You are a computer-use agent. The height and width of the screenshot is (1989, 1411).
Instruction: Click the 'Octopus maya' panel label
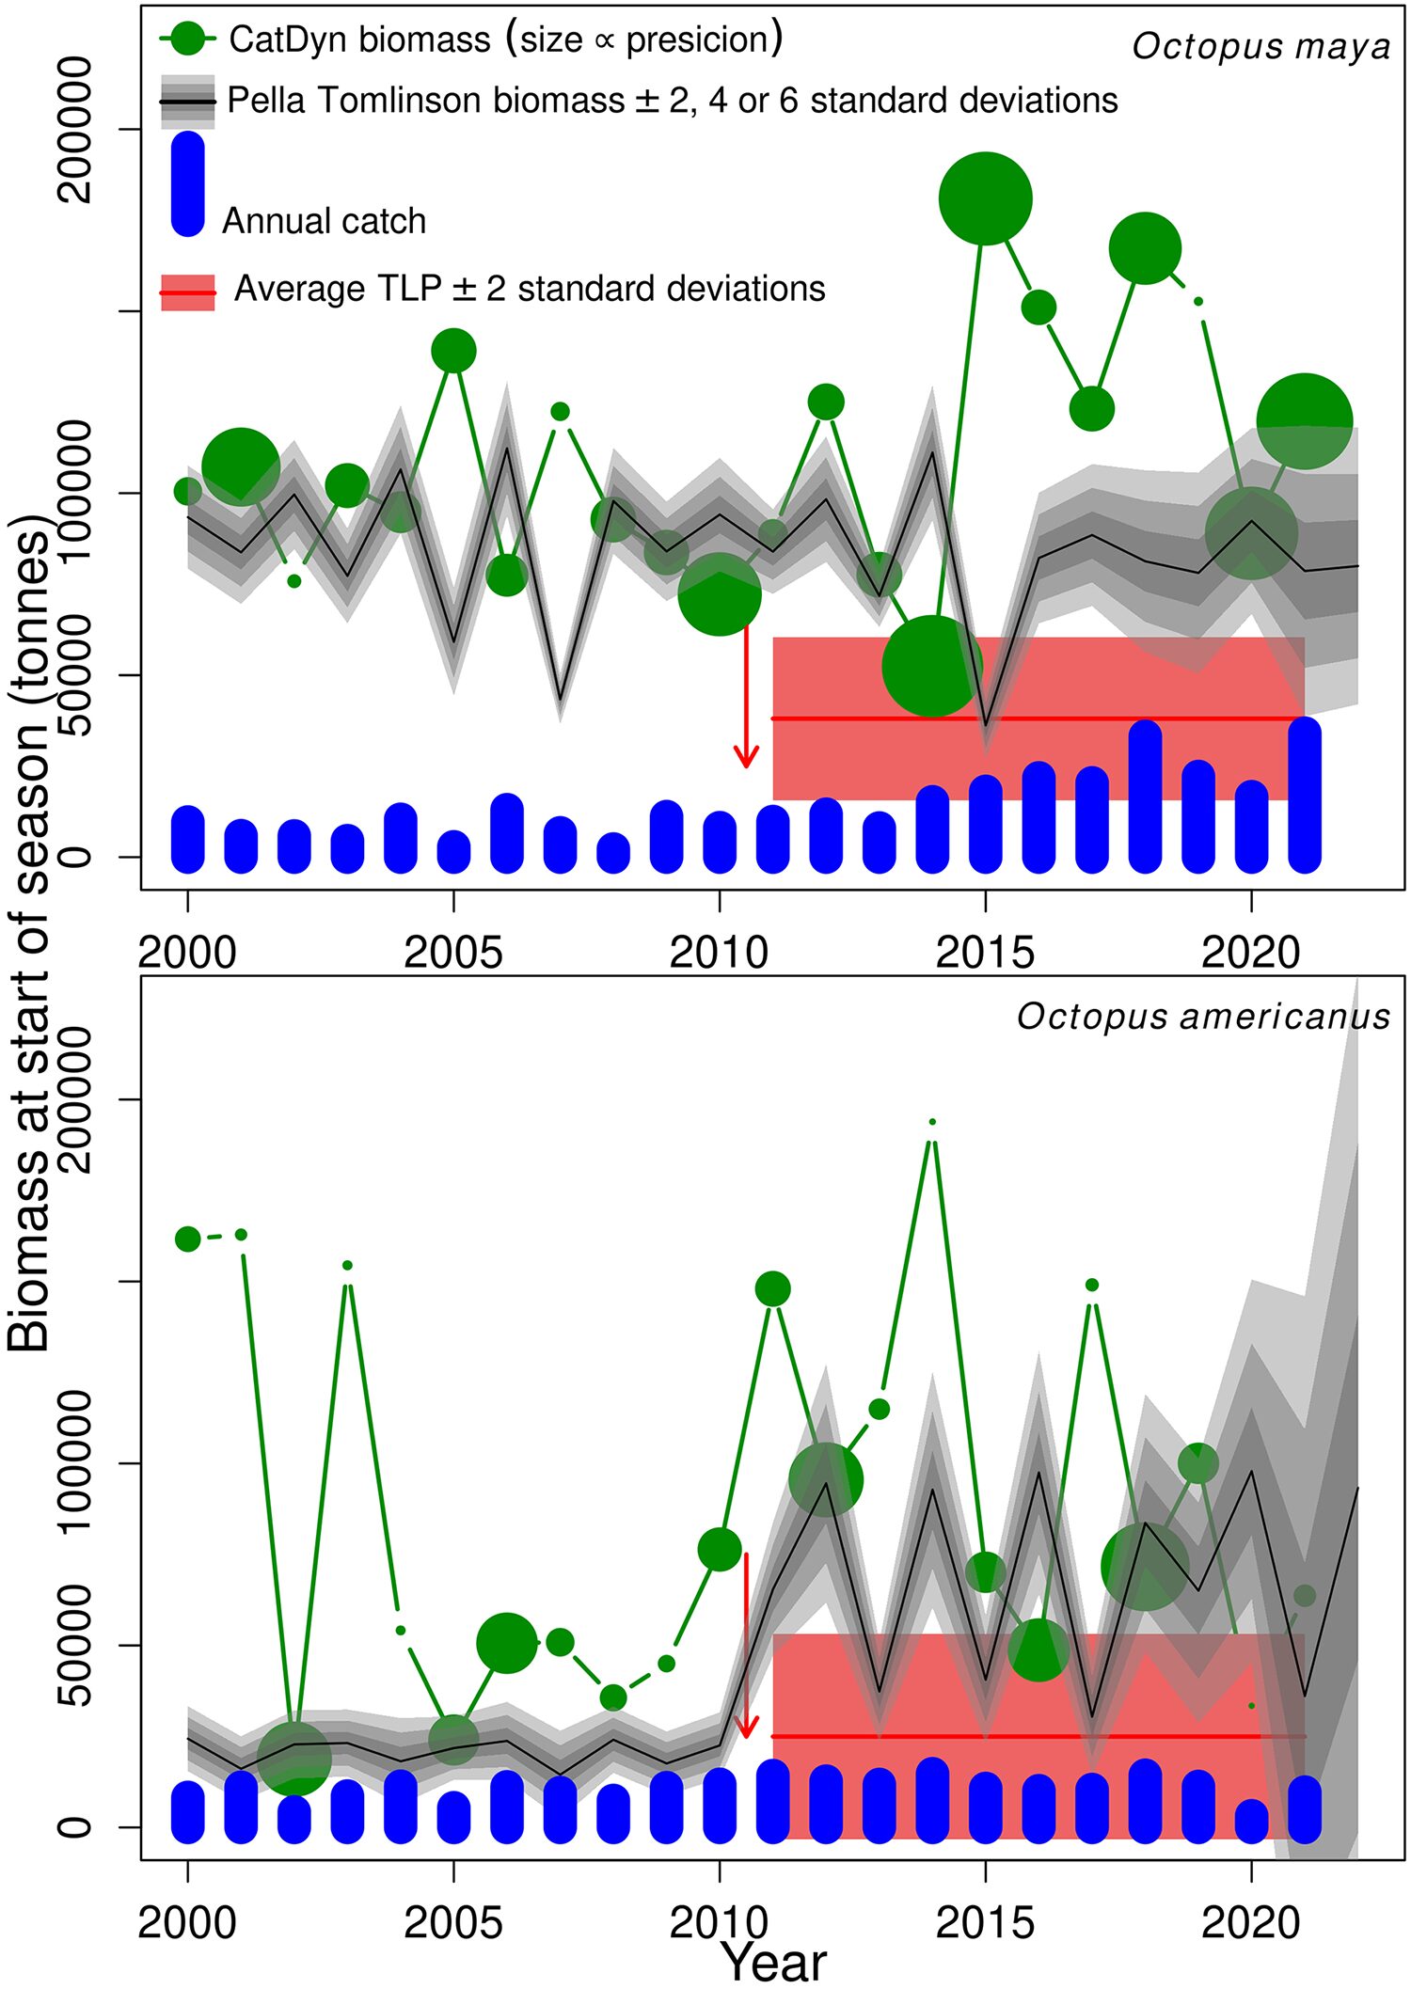pyautogui.click(x=1260, y=46)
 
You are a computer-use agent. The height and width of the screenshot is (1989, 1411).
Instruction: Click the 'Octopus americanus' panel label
pyautogui.click(x=1203, y=1017)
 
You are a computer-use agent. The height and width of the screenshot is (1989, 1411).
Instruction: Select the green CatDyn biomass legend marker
pyautogui.click(x=188, y=39)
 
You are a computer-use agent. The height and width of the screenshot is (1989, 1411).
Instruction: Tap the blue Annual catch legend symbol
pyautogui.click(x=188, y=183)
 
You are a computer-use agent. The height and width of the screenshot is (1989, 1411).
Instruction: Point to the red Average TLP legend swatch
pyautogui.click(x=188, y=292)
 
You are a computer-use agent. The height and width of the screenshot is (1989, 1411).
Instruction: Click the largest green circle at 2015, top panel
pyautogui.click(x=986, y=198)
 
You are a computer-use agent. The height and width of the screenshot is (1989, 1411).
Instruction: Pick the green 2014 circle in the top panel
pyautogui.click(x=932, y=667)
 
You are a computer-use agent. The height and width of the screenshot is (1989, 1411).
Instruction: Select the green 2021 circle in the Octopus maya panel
pyautogui.click(x=1304, y=420)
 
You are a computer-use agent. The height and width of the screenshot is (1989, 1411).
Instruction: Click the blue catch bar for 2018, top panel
pyautogui.click(x=1145, y=797)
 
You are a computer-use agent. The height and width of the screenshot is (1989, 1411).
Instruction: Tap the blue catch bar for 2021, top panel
pyautogui.click(x=1305, y=795)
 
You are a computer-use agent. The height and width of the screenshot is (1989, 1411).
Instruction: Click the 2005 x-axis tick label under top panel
pyautogui.click(x=453, y=953)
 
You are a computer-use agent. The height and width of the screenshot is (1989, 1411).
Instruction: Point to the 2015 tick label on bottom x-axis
pyautogui.click(x=985, y=1922)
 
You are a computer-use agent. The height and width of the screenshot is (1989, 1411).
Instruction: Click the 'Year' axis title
pyautogui.click(x=773, y=1963)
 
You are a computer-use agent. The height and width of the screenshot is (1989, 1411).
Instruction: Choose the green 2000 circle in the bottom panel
pyautogui.click(x=188, y=1239)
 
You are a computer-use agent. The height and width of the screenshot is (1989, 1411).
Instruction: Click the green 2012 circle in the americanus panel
pyautogui.click(x=826, y=1480)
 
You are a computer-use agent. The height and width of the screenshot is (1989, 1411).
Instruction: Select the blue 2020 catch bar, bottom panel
pyautogui.click(x=1251, y=1822)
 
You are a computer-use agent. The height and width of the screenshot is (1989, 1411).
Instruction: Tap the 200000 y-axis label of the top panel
pyautogui.click(x=75, y=129)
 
